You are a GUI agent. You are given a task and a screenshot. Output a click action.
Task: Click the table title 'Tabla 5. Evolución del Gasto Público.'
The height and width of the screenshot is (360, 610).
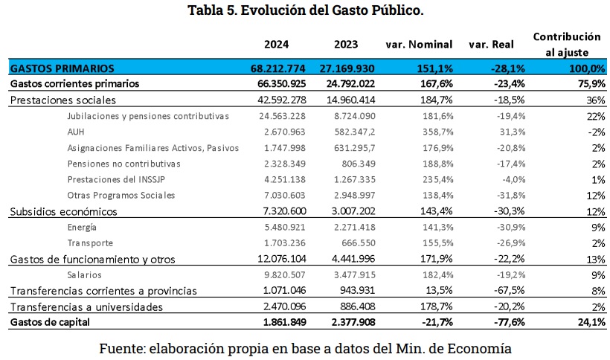tap(305, 10)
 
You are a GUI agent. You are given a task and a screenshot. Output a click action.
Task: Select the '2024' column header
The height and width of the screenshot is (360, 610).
tap(277, 44)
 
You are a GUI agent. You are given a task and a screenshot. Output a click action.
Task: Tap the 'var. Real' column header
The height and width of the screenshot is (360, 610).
tap(488, 44)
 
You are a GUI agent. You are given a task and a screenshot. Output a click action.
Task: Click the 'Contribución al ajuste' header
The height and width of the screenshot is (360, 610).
tap(567, 44)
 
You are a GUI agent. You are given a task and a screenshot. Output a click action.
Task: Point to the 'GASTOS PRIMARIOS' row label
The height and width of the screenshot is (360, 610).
tap(62, 68)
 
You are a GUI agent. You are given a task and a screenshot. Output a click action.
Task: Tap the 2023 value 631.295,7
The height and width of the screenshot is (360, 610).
tap(349, 148)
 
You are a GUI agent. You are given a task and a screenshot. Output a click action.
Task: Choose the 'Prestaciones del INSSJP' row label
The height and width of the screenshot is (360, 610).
tap(116, 179)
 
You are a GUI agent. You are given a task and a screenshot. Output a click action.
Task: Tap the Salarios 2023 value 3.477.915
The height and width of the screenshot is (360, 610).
tap(350, 274)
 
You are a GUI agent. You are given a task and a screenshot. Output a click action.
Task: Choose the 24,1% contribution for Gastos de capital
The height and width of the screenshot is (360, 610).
tap(588, 321)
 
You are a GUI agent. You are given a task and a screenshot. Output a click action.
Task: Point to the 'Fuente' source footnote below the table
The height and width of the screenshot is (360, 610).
tap(305, 347)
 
